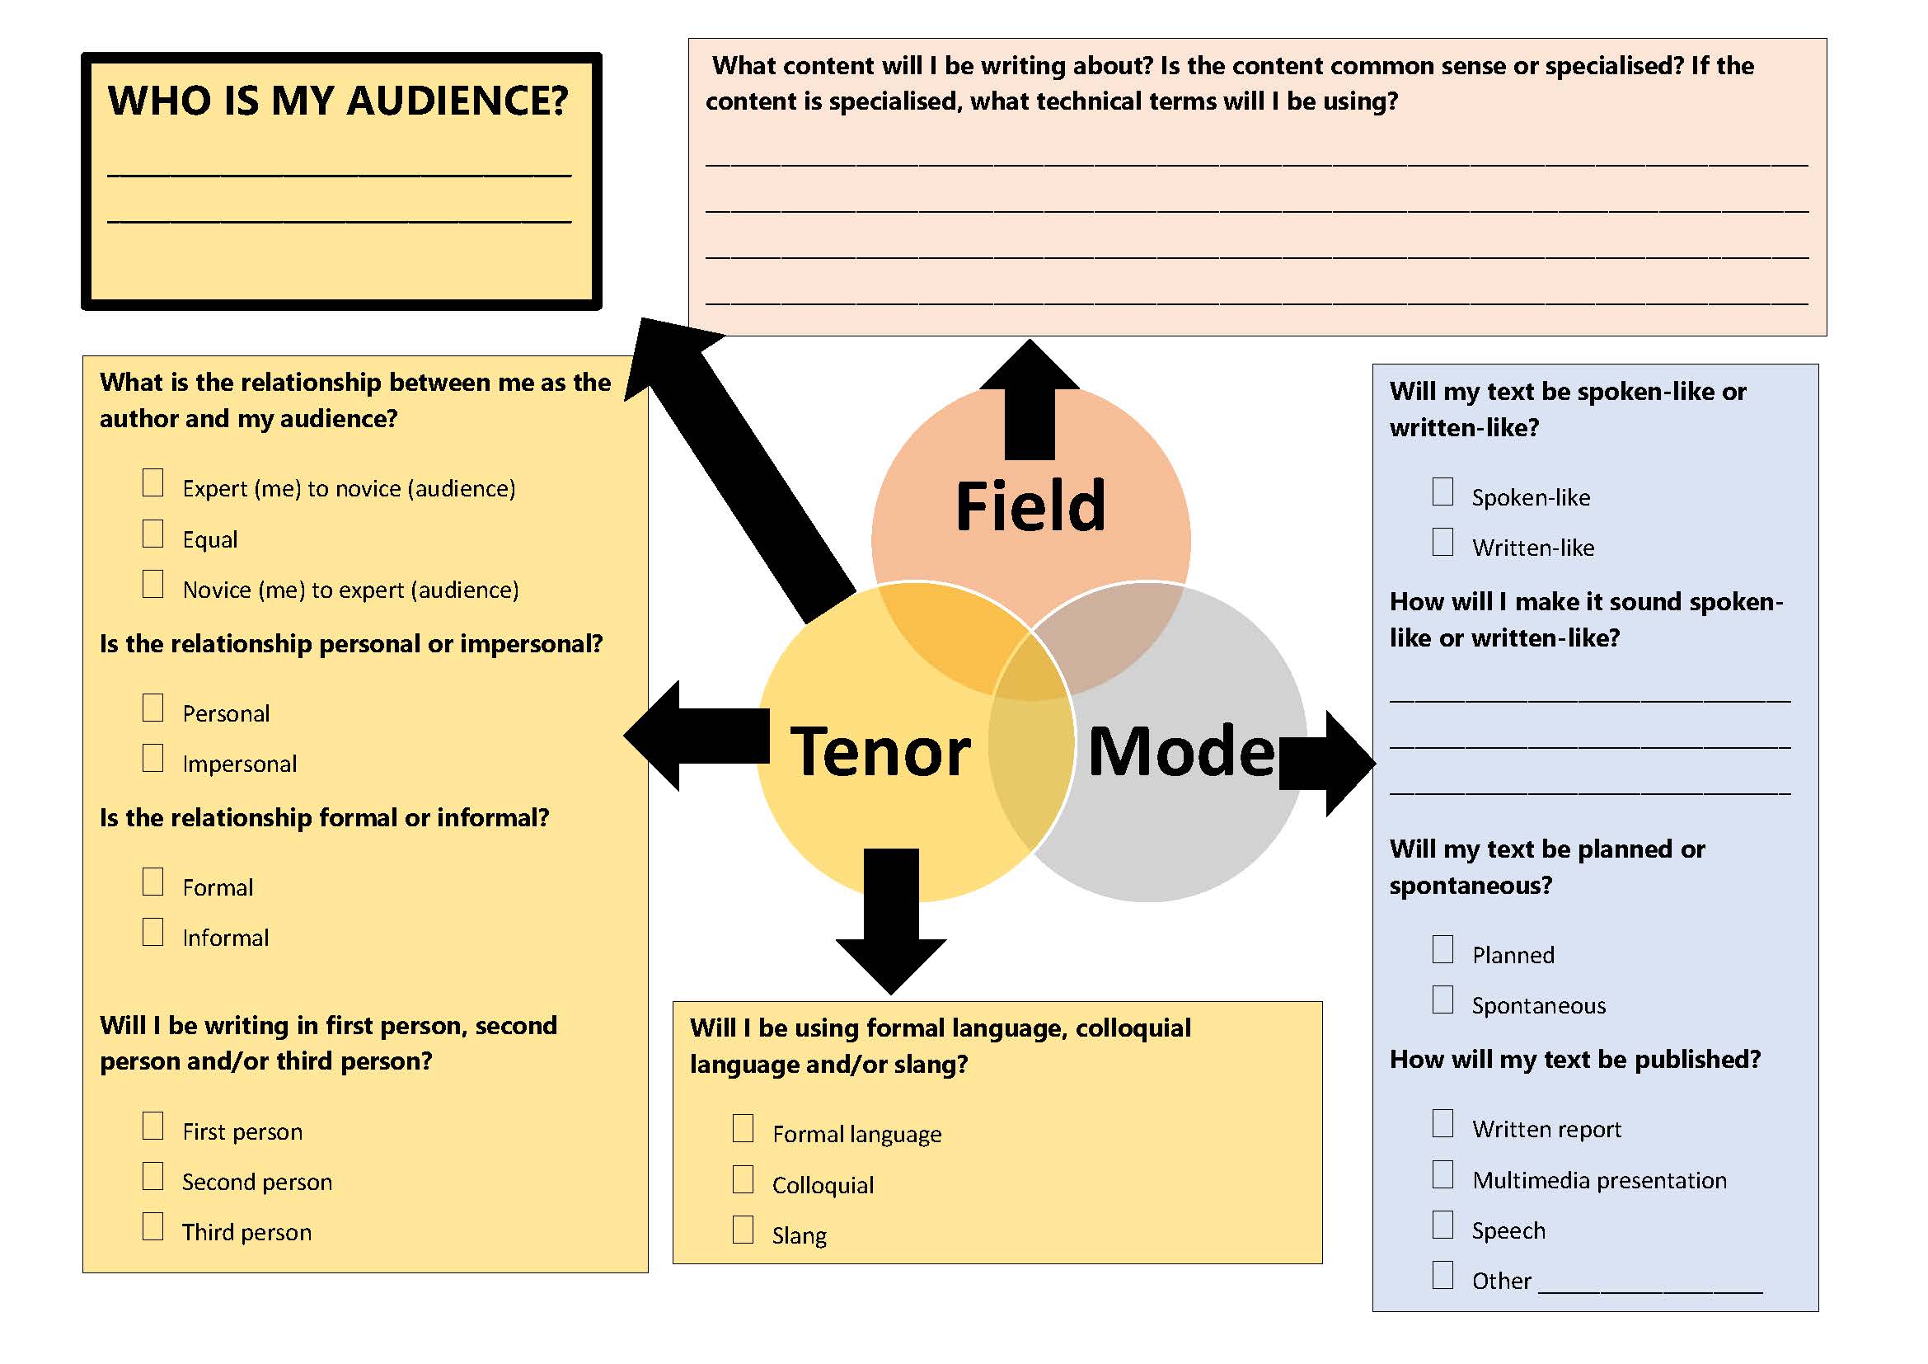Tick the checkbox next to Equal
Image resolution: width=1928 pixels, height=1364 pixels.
coord(152,534)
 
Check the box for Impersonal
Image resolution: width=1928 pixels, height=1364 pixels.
coord(152,758)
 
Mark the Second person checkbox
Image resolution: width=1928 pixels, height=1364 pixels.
coord(152,1176)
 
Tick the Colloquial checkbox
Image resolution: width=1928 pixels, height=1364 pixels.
coord(744,1179)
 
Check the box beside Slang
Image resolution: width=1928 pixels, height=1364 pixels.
coord(744,1230)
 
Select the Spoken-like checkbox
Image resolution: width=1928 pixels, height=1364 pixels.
coord(1442,492)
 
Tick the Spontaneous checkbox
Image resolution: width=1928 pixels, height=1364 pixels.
coord(1442,999)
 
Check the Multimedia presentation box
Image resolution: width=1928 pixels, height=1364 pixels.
coord(1442,1174)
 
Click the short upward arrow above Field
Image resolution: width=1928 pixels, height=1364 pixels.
coord(1030,403)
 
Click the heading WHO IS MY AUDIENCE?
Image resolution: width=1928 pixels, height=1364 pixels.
coord(338,101)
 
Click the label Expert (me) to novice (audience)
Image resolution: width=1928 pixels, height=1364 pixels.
coord(349,489)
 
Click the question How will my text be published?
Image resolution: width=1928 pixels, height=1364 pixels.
coord(1574,1059)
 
